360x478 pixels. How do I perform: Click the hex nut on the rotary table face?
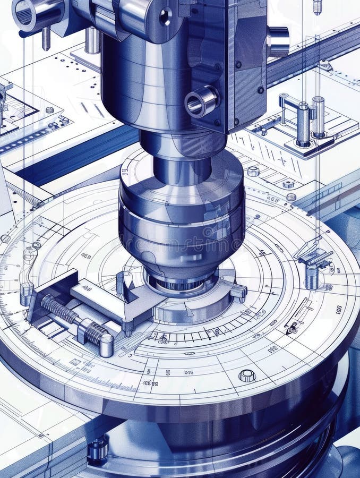pyautogui.click(x=247, y=375)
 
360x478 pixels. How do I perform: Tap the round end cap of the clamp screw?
pyautogui.click(x=106, y=345)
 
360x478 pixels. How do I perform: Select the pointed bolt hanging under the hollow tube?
pyautogui.click(x=46, y=38)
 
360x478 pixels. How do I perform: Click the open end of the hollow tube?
pyautogui.click(x=24, y=13)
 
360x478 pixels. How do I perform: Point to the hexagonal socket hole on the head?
pyautogui.click(x=165, y=16)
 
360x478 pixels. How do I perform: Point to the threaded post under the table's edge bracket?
pyautogui.click(x=312, y=276)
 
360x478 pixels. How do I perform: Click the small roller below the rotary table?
pyautogui.click(x=98, y=449)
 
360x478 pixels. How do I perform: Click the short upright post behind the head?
pyautogui.click(x=92, y=40)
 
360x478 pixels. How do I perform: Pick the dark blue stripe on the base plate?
pyautogui.click(x=69, y=159)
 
